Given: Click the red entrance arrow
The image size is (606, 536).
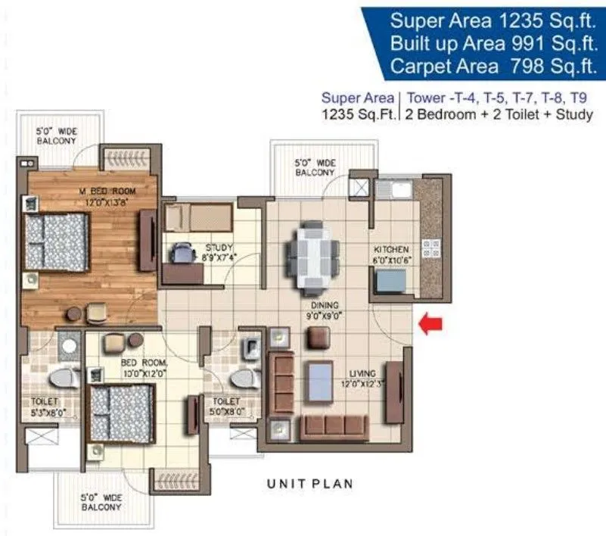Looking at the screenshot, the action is tap(430, 324).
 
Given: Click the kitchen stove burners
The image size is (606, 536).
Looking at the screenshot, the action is tap(431, 248).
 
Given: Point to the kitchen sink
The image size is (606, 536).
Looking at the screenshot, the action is tap(402, 189).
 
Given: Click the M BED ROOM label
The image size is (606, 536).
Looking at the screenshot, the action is tap(107, 191).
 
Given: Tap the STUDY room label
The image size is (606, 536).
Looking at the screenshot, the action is tap(219, 248).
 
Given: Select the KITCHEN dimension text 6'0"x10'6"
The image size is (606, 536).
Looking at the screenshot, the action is tap(391, 260).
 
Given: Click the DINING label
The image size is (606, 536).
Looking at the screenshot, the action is tap(325, 305).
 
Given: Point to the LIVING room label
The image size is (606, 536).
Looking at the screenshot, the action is tap(362, 373).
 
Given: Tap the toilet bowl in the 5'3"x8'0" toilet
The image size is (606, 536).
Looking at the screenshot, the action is tap(62, 378).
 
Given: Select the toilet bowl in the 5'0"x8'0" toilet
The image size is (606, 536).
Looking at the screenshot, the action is tap(244, 379).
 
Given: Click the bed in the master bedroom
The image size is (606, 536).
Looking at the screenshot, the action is tap(57, 242).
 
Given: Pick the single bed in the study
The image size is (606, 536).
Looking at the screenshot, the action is tap(198, 217).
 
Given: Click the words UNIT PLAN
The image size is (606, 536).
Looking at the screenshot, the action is tap(310, 484).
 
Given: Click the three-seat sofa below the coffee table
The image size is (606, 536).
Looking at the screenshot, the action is tap(334, 428).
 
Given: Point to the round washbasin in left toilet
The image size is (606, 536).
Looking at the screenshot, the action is tap(69, 346).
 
